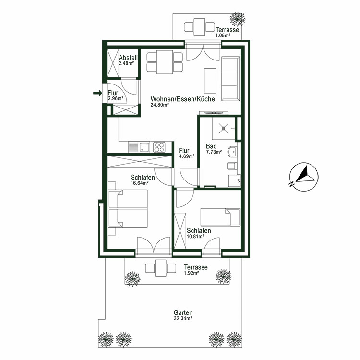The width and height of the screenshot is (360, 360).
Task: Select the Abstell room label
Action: click(x=128, y=58)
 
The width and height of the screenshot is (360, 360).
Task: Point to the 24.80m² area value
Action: click(x=160, y=105)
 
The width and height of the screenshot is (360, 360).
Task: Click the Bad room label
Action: click(x=211, y=146)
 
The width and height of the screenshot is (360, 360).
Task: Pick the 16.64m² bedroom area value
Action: click(x=140, y=182)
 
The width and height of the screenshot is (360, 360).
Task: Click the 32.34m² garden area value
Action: click(x=183, y=318)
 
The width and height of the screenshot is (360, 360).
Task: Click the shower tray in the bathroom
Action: click(x=224, y=128)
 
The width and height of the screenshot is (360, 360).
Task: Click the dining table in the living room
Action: click(x=165, y=62)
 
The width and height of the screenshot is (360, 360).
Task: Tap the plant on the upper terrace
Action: click(x=236, y=19)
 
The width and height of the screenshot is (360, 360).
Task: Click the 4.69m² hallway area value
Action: click(x=186, y=156)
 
